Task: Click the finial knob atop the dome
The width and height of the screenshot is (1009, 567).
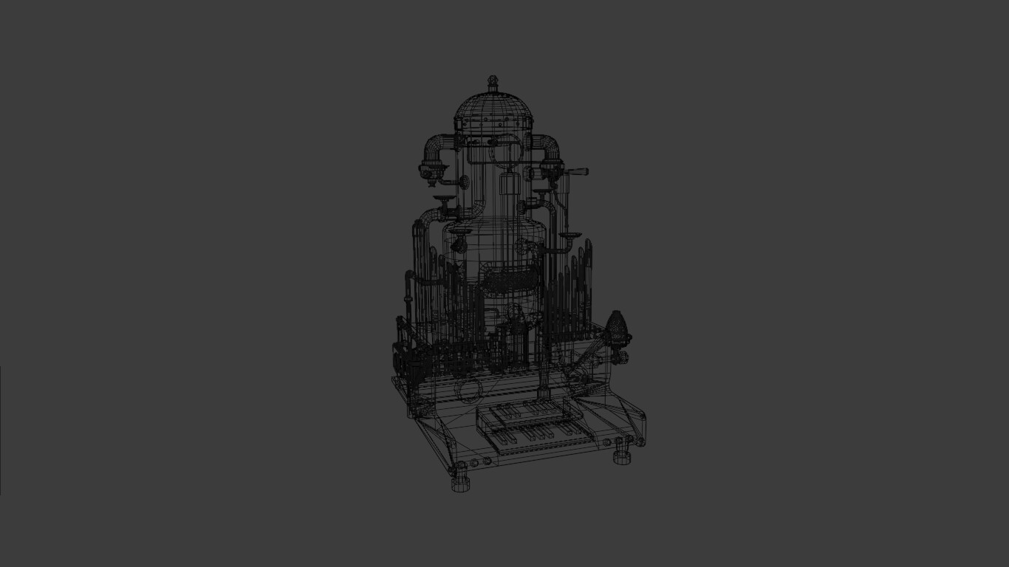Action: (493, 80)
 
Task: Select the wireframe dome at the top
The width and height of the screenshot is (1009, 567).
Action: (493, 111)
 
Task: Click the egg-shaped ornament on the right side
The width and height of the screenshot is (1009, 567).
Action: (617, 329)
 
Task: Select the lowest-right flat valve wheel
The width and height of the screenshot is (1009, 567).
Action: (569, 236)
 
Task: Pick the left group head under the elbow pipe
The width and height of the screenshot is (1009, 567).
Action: (431, 173)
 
